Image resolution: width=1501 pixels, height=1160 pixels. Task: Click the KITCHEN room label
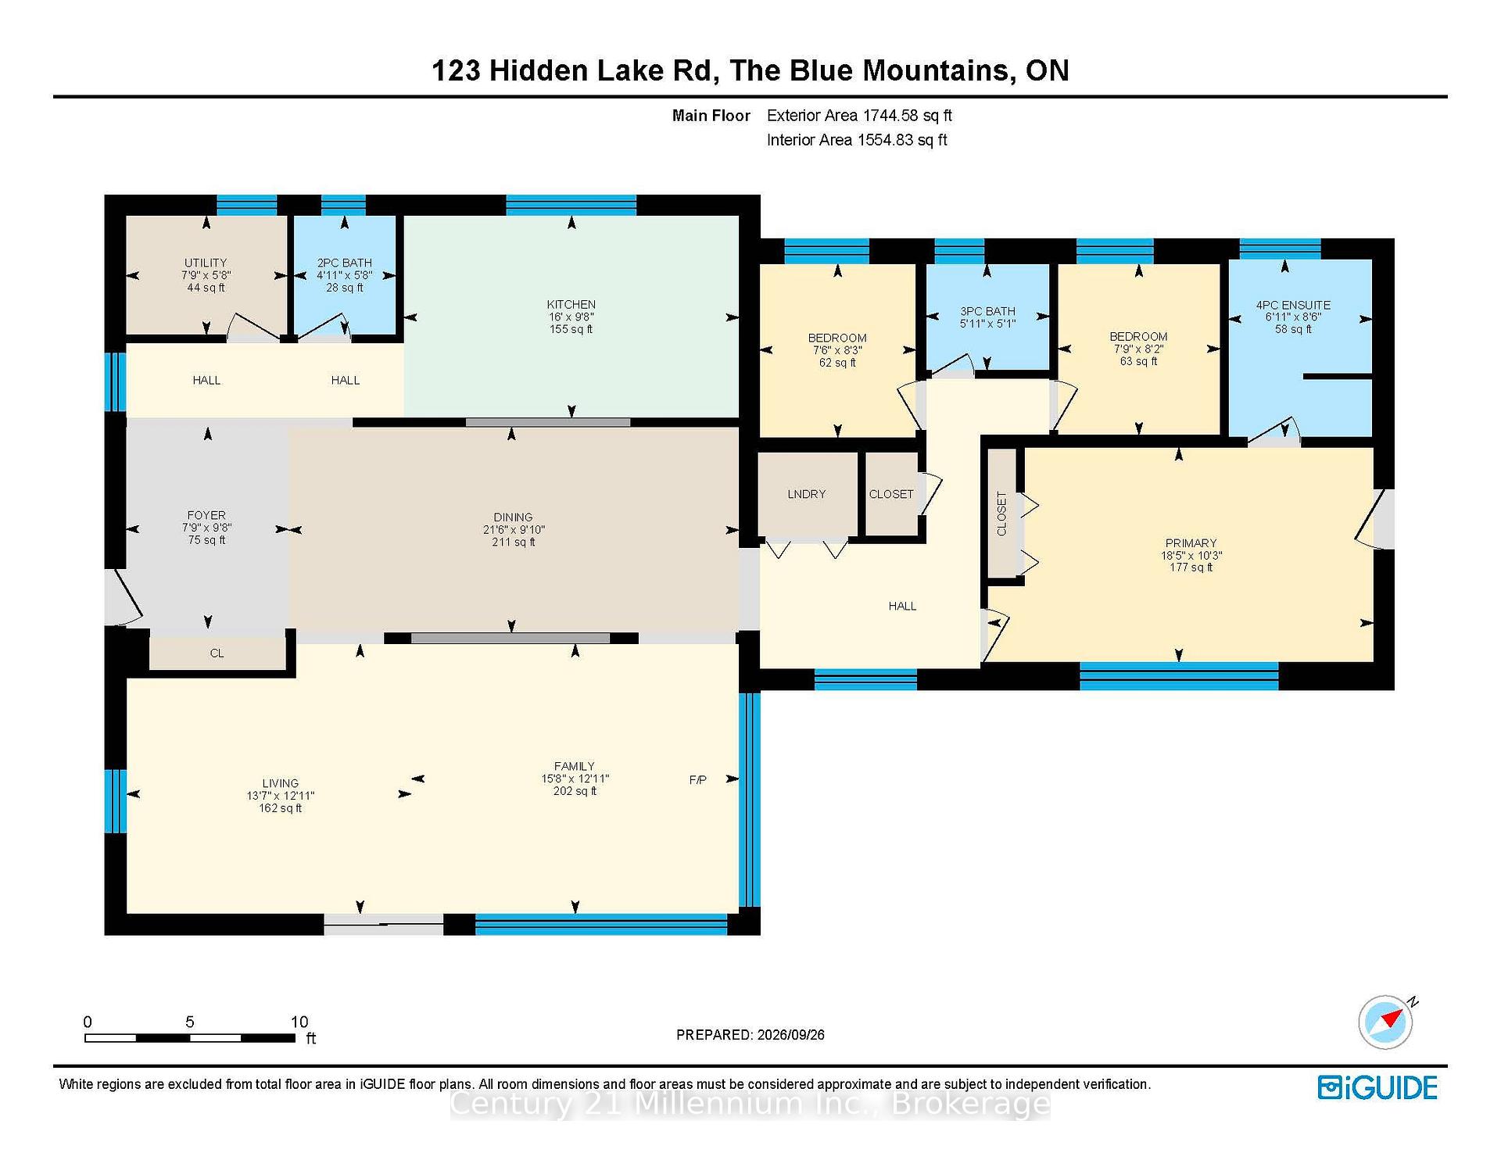[571, 304]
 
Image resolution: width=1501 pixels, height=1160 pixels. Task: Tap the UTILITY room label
[206, 263]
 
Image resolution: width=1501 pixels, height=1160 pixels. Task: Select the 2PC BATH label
[344, 263]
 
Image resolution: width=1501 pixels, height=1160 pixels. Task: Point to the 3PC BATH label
[987, 311]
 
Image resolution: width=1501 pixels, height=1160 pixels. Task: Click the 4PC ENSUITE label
[1293, 305]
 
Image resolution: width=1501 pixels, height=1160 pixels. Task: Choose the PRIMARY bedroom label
[1191, 542]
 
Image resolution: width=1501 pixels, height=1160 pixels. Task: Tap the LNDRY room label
[806, 494]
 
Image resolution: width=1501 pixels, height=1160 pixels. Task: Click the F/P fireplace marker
[698, 779]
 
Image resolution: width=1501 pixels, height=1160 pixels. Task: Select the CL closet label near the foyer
[217, 653]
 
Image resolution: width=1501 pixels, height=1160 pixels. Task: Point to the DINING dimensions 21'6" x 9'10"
[514, 529]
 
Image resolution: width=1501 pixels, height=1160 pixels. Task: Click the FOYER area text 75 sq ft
[206, 540]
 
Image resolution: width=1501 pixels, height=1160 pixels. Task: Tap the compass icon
[1386, 1022]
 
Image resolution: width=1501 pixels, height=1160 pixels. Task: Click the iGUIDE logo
[1377, 1087]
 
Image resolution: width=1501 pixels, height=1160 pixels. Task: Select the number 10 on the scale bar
[299, 1022]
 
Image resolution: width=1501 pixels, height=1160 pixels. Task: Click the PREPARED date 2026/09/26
[790, 1035]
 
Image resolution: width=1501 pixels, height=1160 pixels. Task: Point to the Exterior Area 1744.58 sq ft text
[859, 116]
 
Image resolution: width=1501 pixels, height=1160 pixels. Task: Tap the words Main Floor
[711, 116]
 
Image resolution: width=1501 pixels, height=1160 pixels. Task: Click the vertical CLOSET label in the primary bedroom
[1001, 514]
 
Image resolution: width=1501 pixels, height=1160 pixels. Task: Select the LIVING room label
[280, 783]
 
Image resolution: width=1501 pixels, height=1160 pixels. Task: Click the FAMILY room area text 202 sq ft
[575, 791]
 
